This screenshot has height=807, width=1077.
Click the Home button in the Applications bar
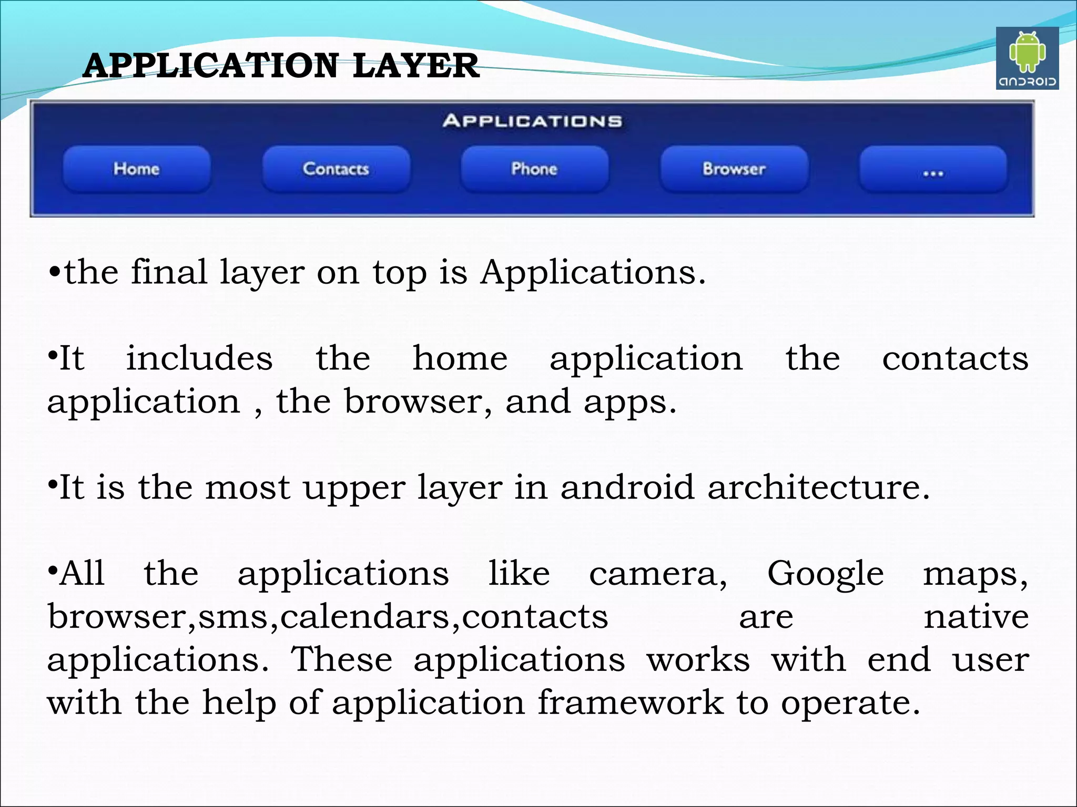tap(137, 169)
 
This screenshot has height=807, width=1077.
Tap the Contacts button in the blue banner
tap(336, 169)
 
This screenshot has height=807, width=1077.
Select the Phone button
tap(534, 169)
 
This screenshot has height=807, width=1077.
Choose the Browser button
tap(734, 169)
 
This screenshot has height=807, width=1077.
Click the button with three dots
tap(933, 170)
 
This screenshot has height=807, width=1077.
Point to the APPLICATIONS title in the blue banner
tap(532, 121)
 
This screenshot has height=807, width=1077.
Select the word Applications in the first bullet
tap(592, 273)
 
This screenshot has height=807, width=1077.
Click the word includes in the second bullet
tap(199, 359)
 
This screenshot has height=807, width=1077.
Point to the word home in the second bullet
tap(460, 359)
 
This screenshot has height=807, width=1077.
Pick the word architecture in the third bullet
tap(818, 488)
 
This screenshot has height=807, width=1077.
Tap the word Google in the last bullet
tap(826, 574)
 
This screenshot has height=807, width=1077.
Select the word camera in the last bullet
tap(657, 574)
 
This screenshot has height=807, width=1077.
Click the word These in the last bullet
tap(342, 660)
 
